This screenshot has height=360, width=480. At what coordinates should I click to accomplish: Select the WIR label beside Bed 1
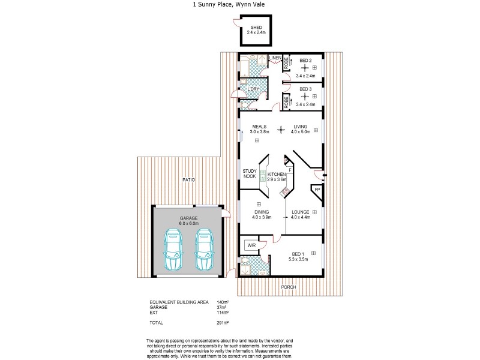tap(251, 245)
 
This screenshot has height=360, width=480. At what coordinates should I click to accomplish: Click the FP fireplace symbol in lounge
tap(317, 190)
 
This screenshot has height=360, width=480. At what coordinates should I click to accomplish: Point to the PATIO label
tap(189, 180)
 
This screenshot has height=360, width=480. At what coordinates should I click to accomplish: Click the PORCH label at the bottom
tap(289, 287)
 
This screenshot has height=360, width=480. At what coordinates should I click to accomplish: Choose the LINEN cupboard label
tap(275, 58)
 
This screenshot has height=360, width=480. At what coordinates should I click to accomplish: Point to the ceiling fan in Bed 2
tap(304, 68)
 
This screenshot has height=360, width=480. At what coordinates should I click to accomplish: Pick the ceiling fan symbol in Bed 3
tap(304, 96)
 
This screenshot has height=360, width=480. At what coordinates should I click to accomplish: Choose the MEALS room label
tap(259, 127)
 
